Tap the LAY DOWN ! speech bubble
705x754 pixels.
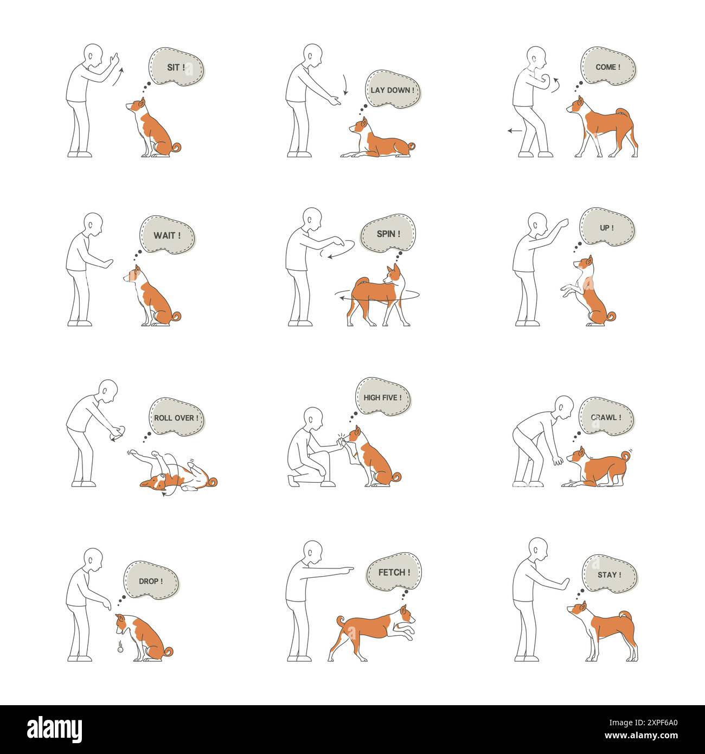393,90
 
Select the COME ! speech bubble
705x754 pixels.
607,67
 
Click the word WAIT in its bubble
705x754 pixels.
164,237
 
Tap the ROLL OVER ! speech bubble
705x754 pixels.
176,418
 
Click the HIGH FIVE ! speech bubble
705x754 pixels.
382,398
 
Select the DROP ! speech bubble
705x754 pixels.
150,581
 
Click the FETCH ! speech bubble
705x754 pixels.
394,572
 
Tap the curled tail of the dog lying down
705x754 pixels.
411,146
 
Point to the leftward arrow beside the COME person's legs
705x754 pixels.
515,131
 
